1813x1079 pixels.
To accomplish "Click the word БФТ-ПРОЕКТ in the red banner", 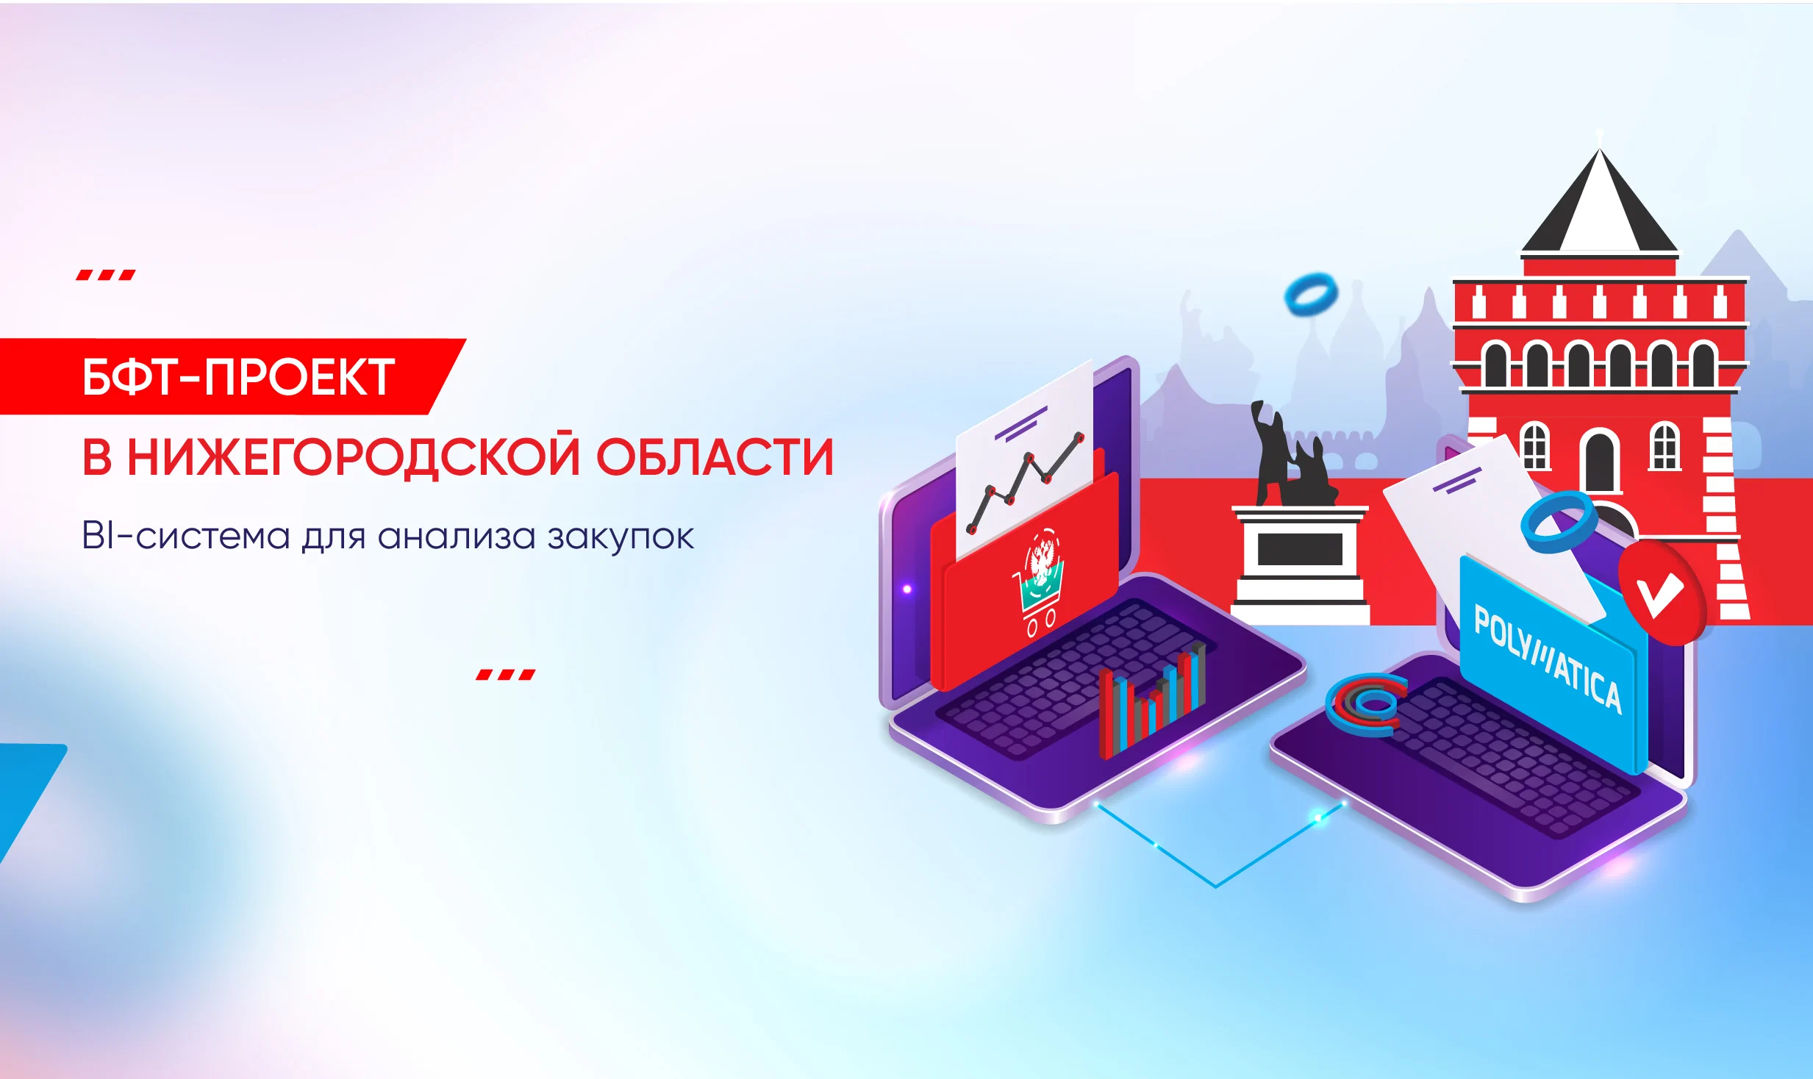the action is coord(239,377).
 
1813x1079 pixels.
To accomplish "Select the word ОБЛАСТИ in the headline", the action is coord(715,457).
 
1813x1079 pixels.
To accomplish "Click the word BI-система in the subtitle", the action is coord(186,535).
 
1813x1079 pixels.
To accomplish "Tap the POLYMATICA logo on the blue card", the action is coord(1547,659).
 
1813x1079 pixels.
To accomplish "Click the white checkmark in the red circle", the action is coord(1660,592).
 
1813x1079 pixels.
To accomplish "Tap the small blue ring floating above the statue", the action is coord(1311,294).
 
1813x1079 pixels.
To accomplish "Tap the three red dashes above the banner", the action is coord(106,275).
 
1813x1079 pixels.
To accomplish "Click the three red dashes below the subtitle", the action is coord(506,674).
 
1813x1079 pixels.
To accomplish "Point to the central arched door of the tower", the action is coord(1600,462).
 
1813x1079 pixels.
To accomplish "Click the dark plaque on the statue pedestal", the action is coord(1300,549).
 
